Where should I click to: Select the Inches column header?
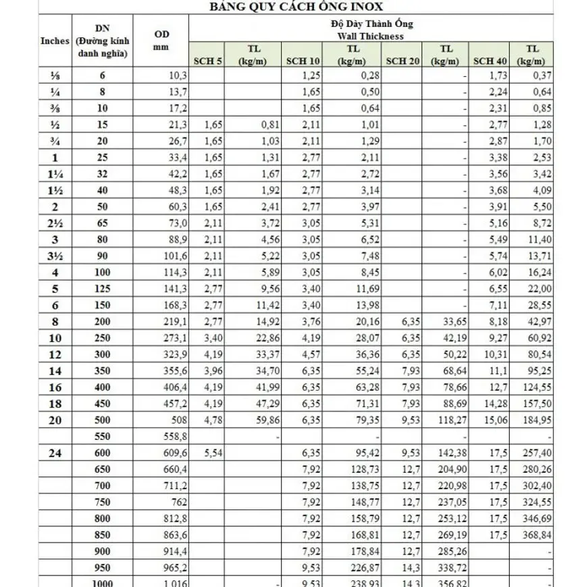click(x=55, y=40)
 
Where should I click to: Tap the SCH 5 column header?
click(x=207, y=61)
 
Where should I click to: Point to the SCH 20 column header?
click(x=403, y=61)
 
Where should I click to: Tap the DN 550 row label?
click(x=103, y=436)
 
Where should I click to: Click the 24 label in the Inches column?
click(x=55, y=452)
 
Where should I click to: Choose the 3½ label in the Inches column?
click(x=55, y=256)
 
